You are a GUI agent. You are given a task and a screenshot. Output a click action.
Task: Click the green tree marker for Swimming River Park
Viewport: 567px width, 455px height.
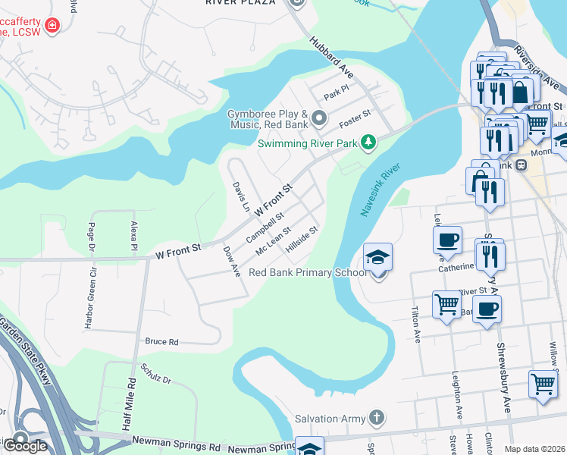368,143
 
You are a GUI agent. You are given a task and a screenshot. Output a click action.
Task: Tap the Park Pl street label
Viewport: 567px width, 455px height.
335,95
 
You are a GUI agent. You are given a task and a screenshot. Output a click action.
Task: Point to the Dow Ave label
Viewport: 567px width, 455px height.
231,261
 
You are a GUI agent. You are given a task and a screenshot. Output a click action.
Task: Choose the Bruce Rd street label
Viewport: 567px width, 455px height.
161,342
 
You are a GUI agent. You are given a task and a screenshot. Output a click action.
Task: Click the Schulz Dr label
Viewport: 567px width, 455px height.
156,374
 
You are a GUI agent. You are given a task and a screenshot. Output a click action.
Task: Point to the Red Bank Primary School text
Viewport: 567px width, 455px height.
308,272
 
